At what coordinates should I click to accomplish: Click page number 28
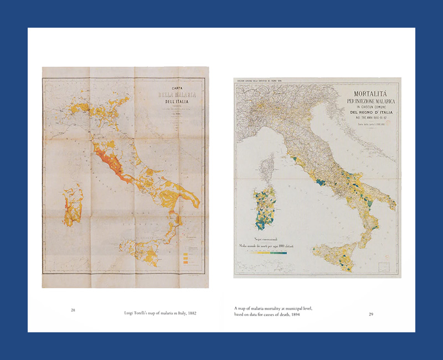point(73,310)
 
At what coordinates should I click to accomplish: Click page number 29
point(371,315)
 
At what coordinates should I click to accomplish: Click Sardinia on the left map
point(73,205)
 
